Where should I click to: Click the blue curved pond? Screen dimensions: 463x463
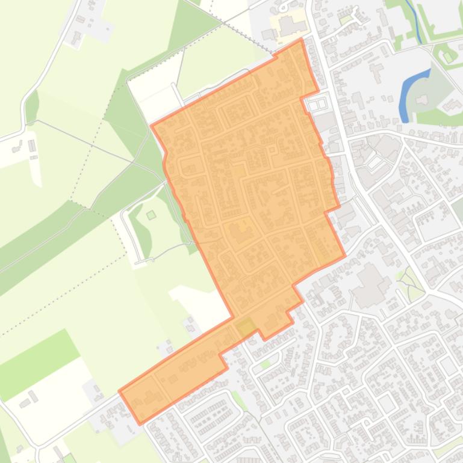click(x=410, y=94)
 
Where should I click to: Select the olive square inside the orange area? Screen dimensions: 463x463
click(x=246, y=328)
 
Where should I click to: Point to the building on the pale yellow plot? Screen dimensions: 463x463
click(x=287, y=25)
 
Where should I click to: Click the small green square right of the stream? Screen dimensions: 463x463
click(x=447, y=58)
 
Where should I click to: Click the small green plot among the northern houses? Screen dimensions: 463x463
click(x=344, y=20)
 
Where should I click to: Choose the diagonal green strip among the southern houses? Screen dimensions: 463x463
click(x=239, y=400)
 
